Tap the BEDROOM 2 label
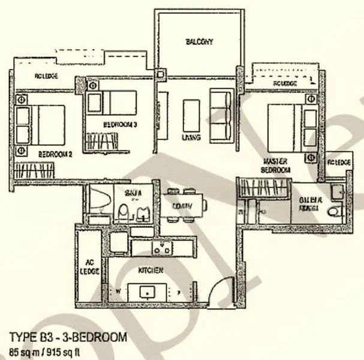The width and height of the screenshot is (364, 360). [55, 154]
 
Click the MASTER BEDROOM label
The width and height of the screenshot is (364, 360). [276, 166]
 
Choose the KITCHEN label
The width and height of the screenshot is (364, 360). [151, 270]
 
